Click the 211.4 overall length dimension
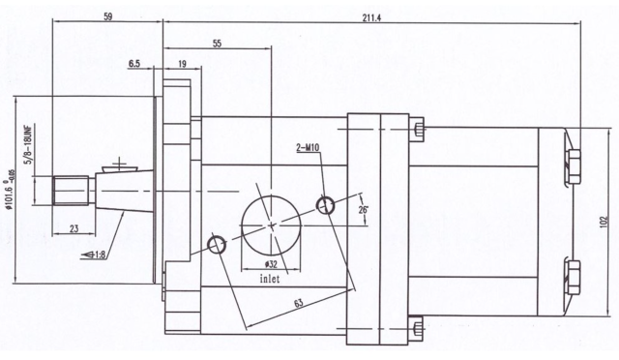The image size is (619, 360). (371, 17)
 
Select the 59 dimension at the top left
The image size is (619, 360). (107, 16)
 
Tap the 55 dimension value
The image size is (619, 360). (217, 44)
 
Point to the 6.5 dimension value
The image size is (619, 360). (134, 64)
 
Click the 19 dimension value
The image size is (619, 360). (183, 64)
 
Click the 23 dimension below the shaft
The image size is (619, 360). (74, 228)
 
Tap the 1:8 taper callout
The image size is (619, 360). (94, 255)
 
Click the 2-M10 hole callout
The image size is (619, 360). (308, 148)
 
